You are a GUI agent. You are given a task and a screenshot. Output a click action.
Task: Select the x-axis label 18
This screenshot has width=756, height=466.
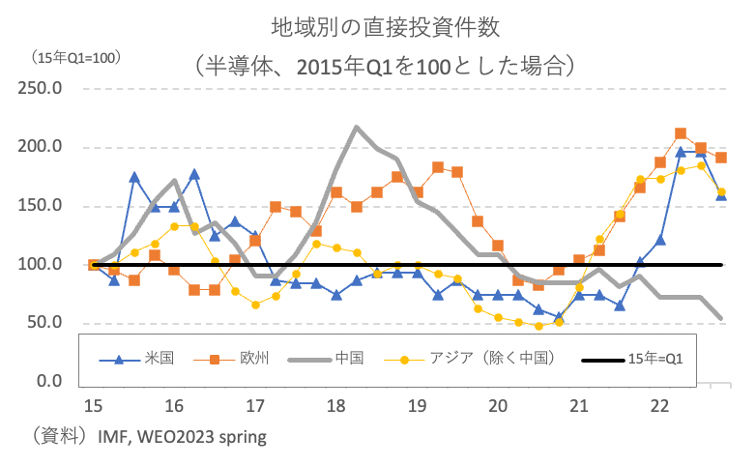click(x=336, y=403)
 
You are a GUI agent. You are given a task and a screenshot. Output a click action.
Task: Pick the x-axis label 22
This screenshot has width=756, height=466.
click(x=660, y=403)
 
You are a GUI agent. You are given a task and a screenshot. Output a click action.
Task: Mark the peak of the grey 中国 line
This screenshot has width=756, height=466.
click(x=357, y=127)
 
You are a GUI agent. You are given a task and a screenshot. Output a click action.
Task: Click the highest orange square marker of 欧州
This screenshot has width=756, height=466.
click(x=681, y=133)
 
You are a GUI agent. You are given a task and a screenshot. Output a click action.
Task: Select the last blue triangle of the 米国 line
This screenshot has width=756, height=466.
click(x=721, y=196)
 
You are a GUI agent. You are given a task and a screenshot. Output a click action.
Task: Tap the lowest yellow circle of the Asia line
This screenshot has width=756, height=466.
click(x=538, y=326)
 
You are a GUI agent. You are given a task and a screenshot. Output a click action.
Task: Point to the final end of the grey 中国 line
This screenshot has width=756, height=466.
click(x=721, y=317)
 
